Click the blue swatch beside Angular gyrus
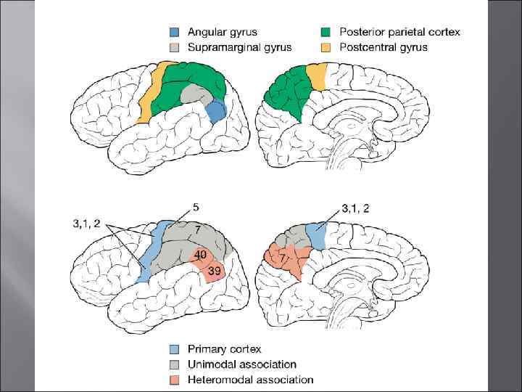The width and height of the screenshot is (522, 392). (x=174, y=33)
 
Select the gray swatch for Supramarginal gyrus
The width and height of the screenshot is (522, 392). (x=174, y=48)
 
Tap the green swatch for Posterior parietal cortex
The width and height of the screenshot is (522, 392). (x=326, y=33)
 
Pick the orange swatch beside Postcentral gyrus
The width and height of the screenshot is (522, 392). (x=326, y=48)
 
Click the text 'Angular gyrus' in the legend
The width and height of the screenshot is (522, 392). (x=223, y=32)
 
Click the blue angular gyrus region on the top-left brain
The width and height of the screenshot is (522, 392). (x=216, y=112)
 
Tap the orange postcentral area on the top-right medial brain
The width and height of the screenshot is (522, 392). (x=317, y=75)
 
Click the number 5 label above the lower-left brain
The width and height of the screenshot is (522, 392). (x=196, y=206)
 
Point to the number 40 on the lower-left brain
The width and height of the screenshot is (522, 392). (x=200, y=255)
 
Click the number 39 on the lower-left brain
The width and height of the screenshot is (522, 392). (x=214, y=271)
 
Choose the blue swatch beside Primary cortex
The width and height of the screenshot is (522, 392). (x=174, y=349)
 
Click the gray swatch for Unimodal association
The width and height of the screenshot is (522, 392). (x=174, y=364)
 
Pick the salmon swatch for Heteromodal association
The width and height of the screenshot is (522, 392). (x=174, y=380)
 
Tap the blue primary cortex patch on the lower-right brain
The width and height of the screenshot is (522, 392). (x=317, y=237)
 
